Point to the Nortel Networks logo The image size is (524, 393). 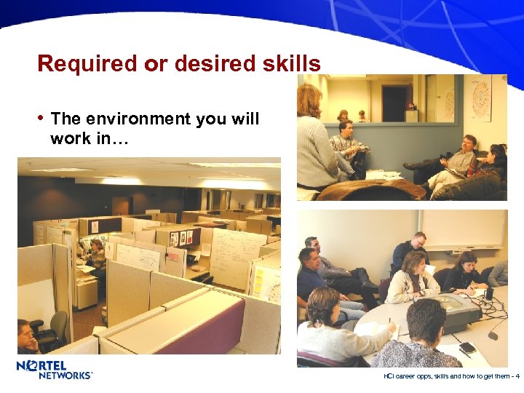pos(55,369)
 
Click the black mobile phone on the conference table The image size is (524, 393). pos(467,348)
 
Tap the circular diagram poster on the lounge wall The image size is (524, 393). pos(480,98)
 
